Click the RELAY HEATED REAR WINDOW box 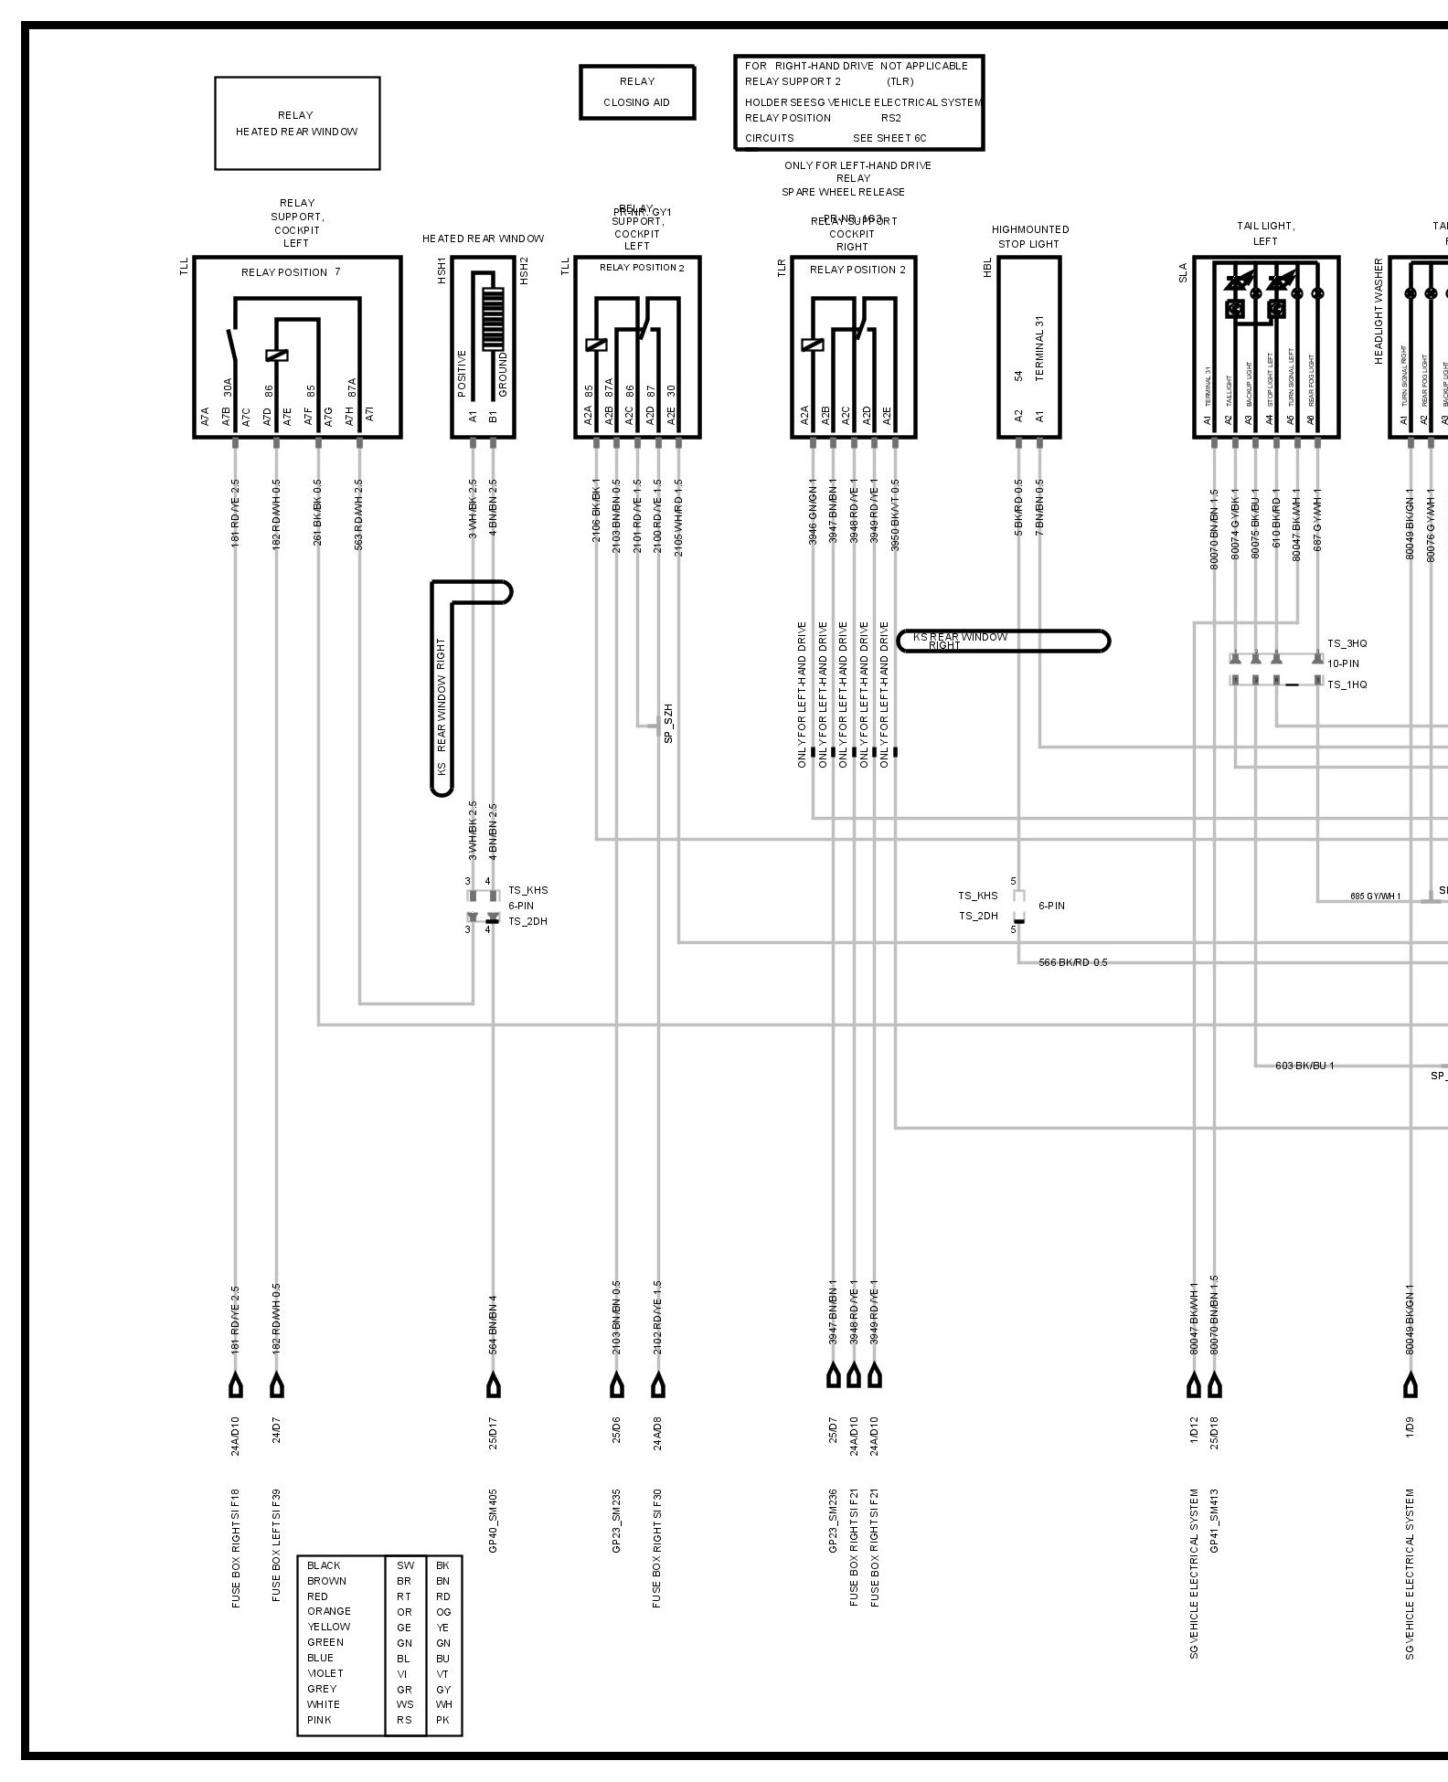pos(297,123)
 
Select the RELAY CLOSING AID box pos(637,92)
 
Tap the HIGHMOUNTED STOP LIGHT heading pos(1030,237)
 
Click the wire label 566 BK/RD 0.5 pos(1072,962)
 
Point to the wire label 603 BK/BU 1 pos(1304,1066)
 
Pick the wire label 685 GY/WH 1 pos(1375,896)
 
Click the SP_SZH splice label pos(668,723)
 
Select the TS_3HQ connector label pos(1347,643)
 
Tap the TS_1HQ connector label pos(1347,684)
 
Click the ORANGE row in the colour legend pos(329,1611)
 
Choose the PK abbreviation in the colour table pos(443,1720)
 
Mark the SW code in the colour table pos(405,1565)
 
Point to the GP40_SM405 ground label pos(494,1521)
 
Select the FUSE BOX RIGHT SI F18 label pos(236,1548)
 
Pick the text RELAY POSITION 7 pos(291,272)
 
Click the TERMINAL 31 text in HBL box pos(1039,348)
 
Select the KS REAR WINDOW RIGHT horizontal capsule pos(1004,641)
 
